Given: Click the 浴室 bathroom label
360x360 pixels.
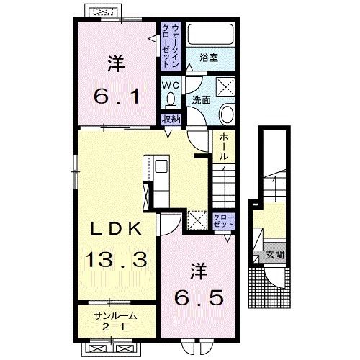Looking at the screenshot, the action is click(209, 58).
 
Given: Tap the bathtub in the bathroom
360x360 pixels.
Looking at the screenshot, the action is click(211, 34).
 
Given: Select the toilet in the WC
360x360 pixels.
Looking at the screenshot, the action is click(171, 99).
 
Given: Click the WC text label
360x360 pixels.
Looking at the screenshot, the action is click(171, 85).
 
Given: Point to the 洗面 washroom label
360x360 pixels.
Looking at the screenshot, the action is click(201, 100).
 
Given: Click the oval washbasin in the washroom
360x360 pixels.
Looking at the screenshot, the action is click(227, 114).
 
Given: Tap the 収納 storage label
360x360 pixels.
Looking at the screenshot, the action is click(171, 119).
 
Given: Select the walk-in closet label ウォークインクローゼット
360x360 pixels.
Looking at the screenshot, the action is click(171, 45).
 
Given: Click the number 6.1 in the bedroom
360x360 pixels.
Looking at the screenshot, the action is click(117, 96).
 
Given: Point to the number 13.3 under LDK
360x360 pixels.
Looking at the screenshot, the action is click(116, 260).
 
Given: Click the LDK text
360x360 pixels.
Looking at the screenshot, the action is click(116, 228).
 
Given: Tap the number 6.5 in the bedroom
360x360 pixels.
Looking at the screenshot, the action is click(199, 297).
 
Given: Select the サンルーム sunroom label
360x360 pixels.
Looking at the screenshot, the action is click(116, 316).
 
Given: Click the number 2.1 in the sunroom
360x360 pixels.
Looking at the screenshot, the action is click(113, 327).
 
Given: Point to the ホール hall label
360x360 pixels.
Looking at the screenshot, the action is click(224, 147).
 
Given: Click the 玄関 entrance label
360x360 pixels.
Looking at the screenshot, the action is click(275, 255).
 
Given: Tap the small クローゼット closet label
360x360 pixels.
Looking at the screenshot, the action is click(224, 221).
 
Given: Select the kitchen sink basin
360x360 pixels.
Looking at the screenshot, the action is click(161, 166).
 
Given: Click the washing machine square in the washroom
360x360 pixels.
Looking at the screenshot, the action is click(226, 87).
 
